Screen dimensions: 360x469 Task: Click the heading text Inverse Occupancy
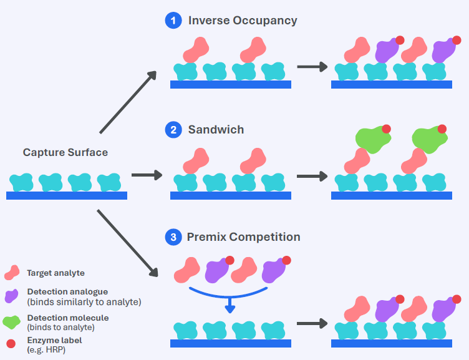(243, 21)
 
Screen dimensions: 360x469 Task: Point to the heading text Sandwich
(216, 130)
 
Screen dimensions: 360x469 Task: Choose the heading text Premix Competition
(243, 237)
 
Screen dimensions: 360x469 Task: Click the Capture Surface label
(65, 152)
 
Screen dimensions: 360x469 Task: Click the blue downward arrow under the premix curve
(230, 304)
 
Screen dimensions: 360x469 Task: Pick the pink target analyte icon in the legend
(12, 273)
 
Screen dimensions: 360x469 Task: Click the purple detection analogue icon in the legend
(12, 296)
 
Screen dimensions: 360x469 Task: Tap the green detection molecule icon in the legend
(12, 322)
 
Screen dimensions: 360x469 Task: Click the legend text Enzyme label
(54, 339)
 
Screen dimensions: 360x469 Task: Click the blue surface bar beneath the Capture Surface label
(66, 196)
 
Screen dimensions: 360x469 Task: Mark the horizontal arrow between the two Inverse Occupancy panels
(312, 66)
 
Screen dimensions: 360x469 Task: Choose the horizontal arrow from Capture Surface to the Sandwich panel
(147, 176)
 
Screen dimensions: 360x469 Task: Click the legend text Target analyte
(56, 273)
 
